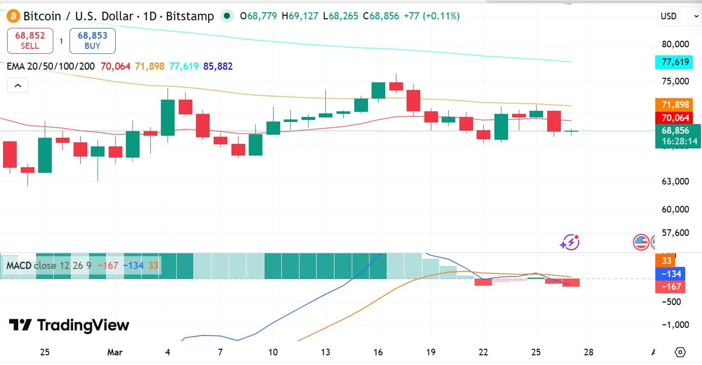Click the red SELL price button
[x=30, y=41]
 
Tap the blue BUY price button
[x=92, y=41]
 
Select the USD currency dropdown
[x=679, y=16]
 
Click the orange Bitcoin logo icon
[x=13, y=16]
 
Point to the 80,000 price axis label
[x=676, y=44]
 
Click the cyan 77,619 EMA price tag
[x=676, y=63]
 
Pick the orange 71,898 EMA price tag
[x=676, y=105]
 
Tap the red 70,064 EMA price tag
[x=676, y=118]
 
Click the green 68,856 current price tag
[x=676, y=136]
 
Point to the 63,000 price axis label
[x=676, y=181]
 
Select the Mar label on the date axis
[x=115, y=352]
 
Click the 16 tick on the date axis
[x=378, y=352]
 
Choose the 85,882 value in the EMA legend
[x=218, y=66]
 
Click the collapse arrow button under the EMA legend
[x=18, y=86]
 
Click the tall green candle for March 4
[x=168, y=117]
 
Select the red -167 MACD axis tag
[x=670, y=287]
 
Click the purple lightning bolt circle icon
[x=570, y=242]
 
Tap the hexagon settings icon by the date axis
[x=681, y=352]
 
